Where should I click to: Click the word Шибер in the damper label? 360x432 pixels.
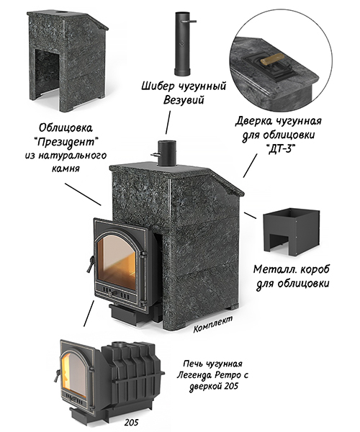click(x=157, y=86)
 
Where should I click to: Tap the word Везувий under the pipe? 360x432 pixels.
click(x=184, y=100)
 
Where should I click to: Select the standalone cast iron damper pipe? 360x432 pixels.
click(x=183, y=43)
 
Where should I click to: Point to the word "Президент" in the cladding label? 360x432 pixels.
click(x=67, y=143)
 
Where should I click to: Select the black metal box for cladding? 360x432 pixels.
click(x=291, y=231)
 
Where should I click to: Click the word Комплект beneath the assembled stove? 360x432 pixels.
click(x=213, y=324)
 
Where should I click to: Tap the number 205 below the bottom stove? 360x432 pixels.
click(x=131, y=422)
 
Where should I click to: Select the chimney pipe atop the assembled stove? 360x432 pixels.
click(x=166, y=153)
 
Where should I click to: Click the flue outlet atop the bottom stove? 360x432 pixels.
click(x=121, y=344)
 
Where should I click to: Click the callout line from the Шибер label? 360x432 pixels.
click(x=168, y=122)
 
